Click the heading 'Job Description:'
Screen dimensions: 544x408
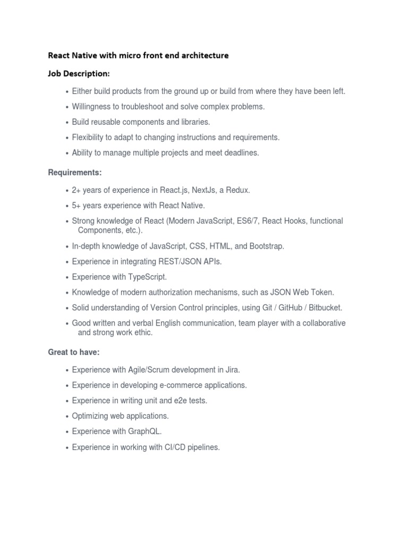79,73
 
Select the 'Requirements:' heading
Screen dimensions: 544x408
75,173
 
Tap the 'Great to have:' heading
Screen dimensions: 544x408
74,352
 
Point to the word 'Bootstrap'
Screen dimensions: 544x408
266,246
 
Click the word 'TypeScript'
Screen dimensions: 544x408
147,277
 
